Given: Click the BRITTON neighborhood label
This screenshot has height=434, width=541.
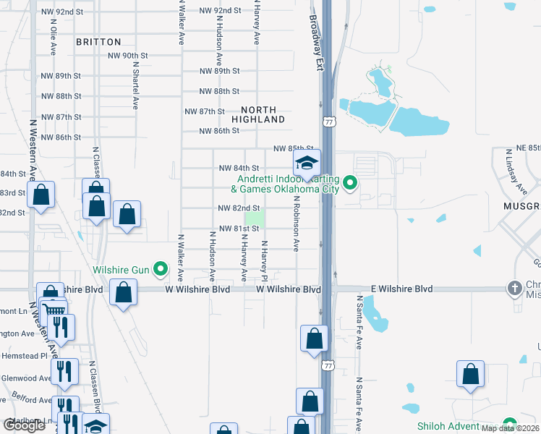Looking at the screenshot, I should point(98,42).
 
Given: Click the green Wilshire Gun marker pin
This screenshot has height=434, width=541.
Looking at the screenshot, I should point(161,271).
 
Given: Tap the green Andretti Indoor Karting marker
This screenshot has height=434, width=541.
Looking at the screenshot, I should point(350,182).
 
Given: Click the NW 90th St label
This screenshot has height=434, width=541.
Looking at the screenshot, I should point(127,56).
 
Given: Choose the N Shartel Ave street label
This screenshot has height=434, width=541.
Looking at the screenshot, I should point(135,84).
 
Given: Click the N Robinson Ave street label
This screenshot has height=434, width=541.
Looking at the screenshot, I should point(297,223).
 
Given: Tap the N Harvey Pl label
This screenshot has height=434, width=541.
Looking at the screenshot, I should point(265,261).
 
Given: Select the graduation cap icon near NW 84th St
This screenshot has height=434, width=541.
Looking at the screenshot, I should point(307,162).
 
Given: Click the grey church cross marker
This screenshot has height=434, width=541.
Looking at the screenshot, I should point(514,289).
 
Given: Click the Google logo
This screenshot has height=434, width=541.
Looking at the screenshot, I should point(24,425).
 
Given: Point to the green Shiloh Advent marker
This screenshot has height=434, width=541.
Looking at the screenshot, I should point(510,425).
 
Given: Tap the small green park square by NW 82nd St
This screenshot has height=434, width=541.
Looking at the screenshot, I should point(255,218).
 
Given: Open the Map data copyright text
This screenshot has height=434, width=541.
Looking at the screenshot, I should point(511,428).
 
